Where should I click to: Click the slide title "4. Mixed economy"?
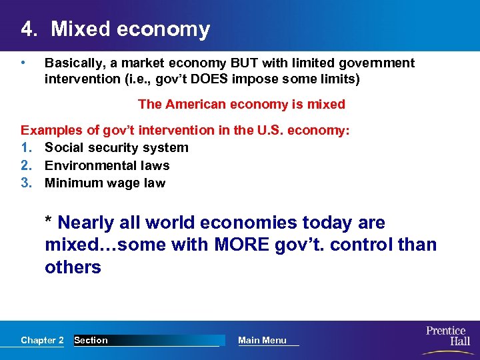point(115,29)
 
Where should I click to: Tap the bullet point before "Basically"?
point(23,63)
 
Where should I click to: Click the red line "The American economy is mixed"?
point(241,104)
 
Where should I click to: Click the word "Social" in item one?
point(64,147)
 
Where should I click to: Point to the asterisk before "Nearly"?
point(49,221)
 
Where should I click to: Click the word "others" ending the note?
point(73,267)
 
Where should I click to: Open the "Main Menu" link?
point(262,340)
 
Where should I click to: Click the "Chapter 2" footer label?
point(42,340)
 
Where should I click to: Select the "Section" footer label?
point(91,340)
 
